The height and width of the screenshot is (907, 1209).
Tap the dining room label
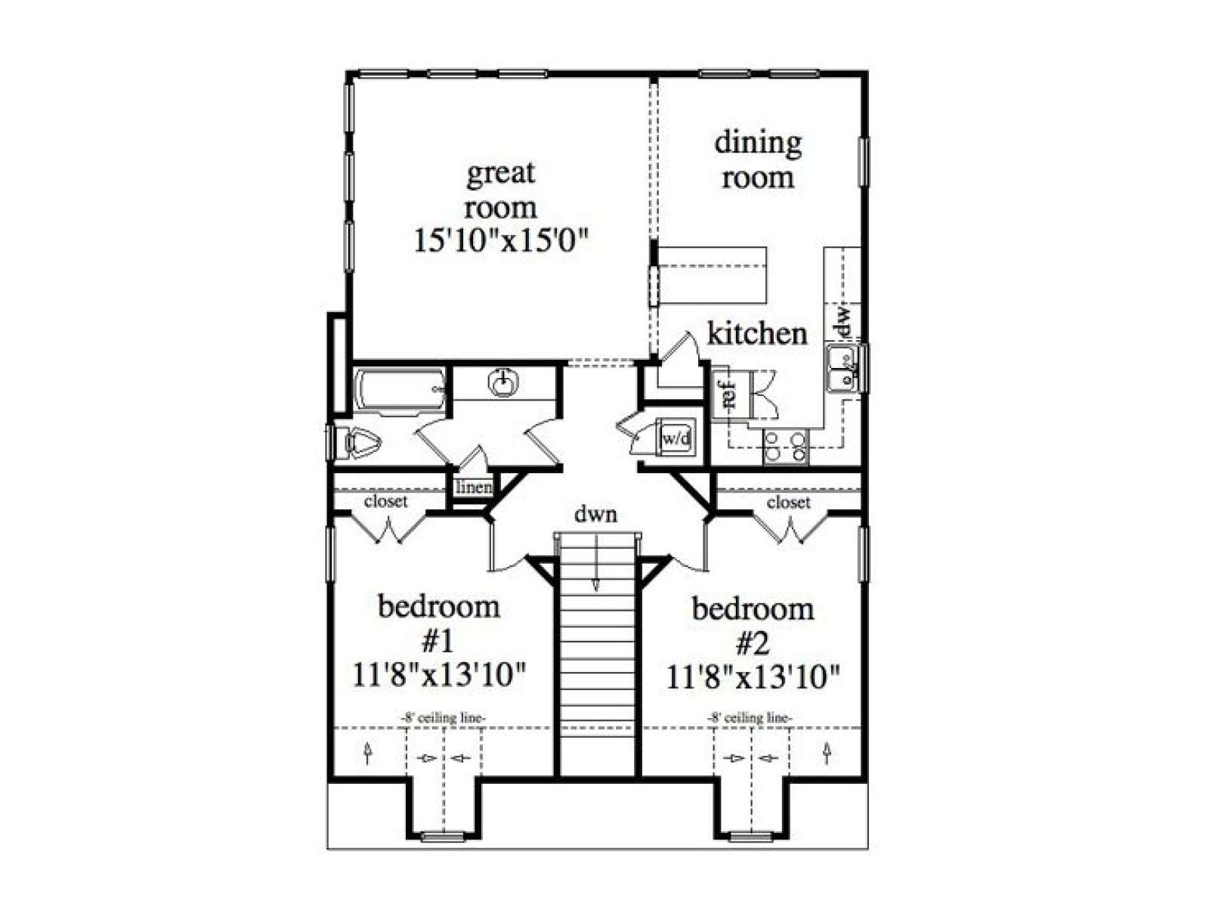[x=758, y=160]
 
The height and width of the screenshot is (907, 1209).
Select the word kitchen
[x=757, y=334]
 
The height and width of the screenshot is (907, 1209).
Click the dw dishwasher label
[x=843, y=322]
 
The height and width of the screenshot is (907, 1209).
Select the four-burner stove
[x=786, y=446]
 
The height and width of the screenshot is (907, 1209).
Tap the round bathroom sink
[x=503, y=382]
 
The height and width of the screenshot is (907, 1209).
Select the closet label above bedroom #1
[x=385, y=501]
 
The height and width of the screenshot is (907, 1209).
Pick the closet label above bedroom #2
[x=789, y=502]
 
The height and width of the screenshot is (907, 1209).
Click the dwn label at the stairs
[x=595, y=515]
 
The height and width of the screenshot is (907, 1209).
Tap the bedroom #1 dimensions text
[x=439, y=676]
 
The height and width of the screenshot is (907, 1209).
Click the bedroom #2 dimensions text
[x=753, y=676]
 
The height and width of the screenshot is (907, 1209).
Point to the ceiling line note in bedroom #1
[x=443, y=718]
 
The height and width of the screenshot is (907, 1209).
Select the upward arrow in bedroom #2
[x=826, y=753]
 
